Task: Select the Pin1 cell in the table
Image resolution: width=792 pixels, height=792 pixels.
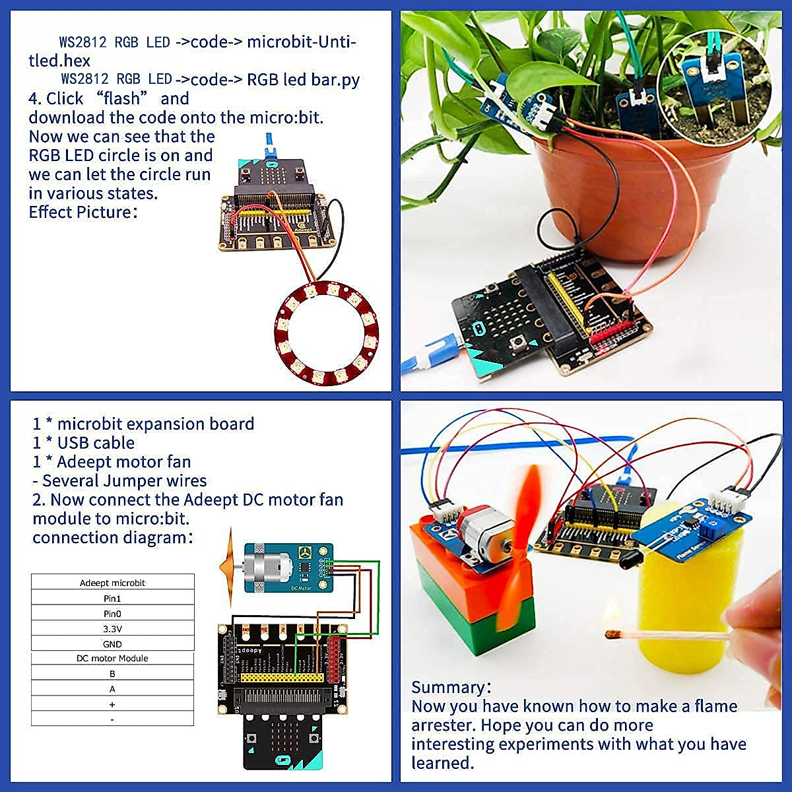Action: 113,599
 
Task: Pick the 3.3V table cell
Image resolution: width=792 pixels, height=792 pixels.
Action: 113,629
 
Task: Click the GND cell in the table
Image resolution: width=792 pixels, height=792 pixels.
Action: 113,644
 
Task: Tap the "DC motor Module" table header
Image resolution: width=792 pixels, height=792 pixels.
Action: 113,659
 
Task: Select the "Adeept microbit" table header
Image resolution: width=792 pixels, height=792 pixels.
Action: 113,583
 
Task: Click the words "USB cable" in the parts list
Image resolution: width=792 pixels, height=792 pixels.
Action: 96,443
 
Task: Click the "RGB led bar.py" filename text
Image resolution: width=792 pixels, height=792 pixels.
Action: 304,80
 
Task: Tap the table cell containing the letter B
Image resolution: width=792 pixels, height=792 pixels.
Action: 113,674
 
